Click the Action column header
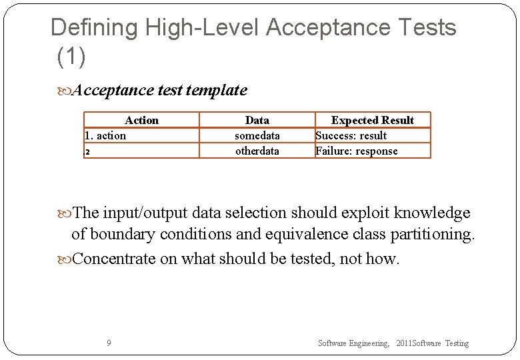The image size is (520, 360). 141,120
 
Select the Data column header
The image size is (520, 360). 257,120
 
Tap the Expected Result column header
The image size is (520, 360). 373,120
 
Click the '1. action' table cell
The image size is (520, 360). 105,135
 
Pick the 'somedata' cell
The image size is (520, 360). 257,135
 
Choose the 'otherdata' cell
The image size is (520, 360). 257,151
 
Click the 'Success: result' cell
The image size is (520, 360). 351,135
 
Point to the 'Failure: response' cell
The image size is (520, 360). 357,151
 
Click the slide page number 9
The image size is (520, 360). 109,343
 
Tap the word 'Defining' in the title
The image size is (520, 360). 93,28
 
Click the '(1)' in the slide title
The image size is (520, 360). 71,57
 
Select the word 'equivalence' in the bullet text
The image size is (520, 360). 295,235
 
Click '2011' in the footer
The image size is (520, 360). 404,343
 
